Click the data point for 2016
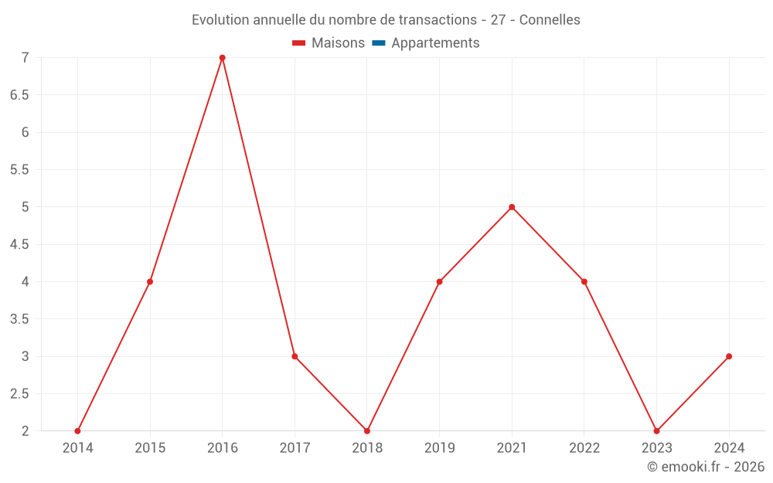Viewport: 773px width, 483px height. [x=223, y=58]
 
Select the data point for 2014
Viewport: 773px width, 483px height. [x=77, y=430]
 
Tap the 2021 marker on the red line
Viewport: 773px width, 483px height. [x=512, y=207]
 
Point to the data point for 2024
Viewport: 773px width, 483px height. [x=729, y=356]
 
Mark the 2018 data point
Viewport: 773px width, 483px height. [x=367, y=430]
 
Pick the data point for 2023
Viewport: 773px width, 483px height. [x=656, y=430]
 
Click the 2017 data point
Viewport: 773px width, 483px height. [x=295, y=356]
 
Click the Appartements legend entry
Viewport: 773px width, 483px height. [x=435, y=43]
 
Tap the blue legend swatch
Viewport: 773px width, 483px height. [x=379, y=43]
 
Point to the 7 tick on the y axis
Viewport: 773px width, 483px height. [x=25, y=58]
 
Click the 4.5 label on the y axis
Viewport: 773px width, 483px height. [x=19, y=244]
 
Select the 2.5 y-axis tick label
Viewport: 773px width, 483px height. [x=19, y=393]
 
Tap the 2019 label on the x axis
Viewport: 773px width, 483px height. [x=439, y=447]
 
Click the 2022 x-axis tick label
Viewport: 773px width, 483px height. [x=584, y=447]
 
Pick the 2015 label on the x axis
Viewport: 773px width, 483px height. [x=150, y=447]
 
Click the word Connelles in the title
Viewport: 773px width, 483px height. [x=550, y=20]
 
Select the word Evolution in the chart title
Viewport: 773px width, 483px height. [x=220, y=20]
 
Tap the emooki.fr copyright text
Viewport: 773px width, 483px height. [x=705, y=467]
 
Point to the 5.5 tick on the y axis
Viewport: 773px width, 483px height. [x=19, y=170]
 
